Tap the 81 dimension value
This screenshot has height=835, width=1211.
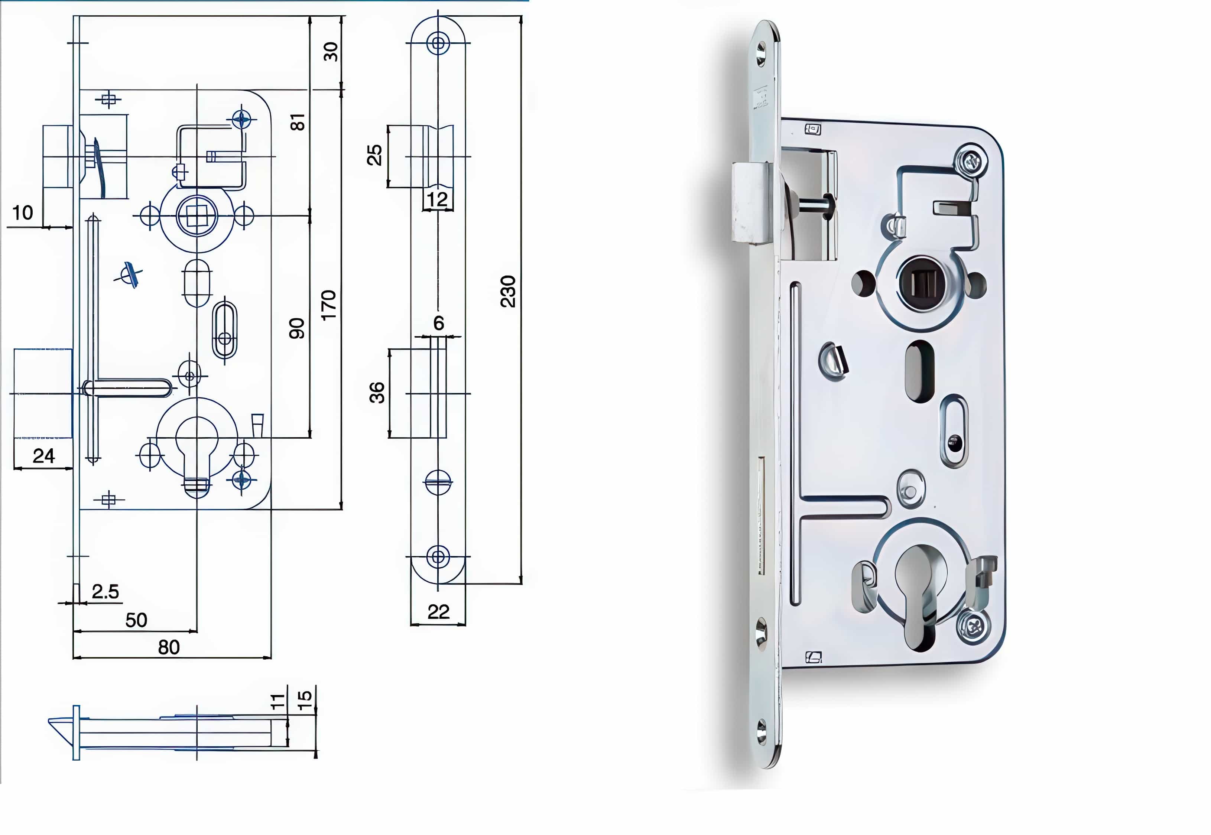(297, 122)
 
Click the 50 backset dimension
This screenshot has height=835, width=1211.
(136, 620)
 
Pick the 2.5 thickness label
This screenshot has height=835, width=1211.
(105, 592)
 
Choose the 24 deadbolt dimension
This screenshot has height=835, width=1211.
(43, 456)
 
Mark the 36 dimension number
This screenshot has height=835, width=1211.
(377, 392)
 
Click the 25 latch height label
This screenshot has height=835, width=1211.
(374, 155)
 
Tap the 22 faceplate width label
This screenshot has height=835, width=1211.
(438, 612)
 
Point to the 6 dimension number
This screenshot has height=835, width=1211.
(438, 323)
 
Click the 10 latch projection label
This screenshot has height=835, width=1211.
(23, 212)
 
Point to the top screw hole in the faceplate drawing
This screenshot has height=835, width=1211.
(438, 43)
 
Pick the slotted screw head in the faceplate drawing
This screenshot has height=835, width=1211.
(438, 482)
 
